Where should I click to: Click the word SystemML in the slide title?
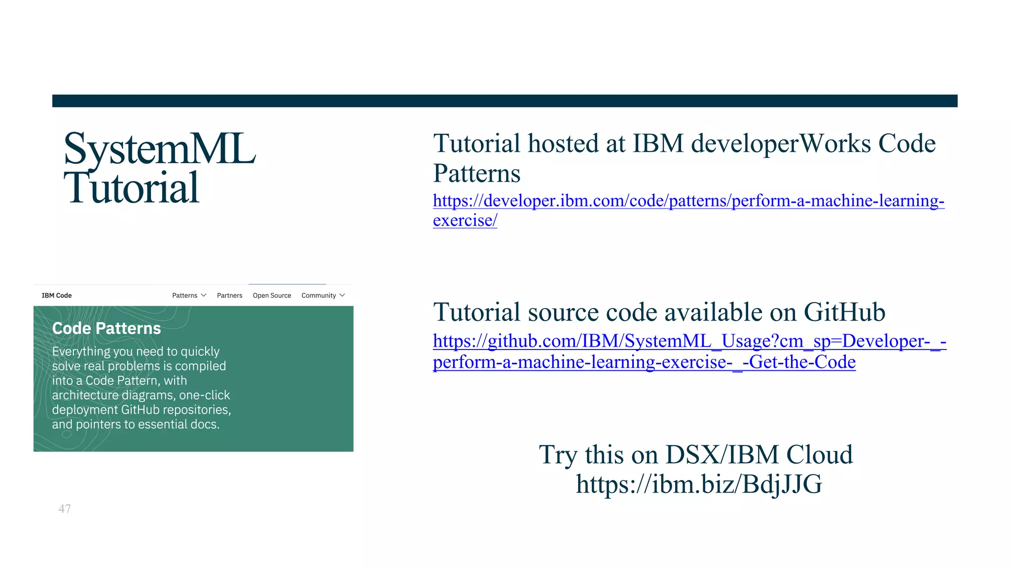tap(160, 149)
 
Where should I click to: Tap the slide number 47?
tap(65, 509)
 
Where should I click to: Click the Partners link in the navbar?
tap(229, 295)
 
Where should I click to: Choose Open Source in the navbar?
tap(272, 295)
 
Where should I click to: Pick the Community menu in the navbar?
tap(319, 295)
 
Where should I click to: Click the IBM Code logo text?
tap(57, 295)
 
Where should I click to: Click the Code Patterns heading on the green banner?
tap(107, 328)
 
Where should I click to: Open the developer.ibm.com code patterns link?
tap(688, 201)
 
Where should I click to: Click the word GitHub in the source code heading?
tap(844, 313)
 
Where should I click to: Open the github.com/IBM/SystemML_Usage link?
tap(689, 341)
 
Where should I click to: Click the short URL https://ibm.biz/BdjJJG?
tap(699, 484)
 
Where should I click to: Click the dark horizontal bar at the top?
tap(505, 101)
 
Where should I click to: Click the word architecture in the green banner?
tap(85, 395)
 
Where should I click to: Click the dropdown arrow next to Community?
tap(342, 295)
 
